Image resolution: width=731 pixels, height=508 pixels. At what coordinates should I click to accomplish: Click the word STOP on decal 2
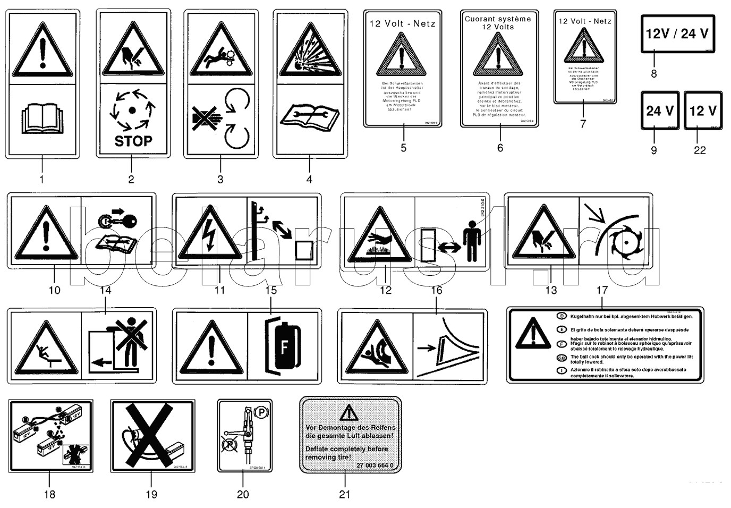[x=133, y=141]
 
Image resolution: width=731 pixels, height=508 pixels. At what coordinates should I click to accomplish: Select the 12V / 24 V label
[x=677, y=34]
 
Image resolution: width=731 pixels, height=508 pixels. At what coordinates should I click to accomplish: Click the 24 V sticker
[x=660, y=111]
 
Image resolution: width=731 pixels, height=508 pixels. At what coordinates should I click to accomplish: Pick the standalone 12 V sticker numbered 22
[x=703, y=111]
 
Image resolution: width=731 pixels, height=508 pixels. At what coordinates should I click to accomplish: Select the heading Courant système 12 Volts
[x=498, y=22]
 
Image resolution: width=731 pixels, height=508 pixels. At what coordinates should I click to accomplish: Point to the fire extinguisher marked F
[x=283, y=346]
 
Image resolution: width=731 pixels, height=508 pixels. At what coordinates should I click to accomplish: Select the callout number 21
[x=345, y=494]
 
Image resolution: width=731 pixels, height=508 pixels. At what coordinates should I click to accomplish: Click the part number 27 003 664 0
[x=375, y=466]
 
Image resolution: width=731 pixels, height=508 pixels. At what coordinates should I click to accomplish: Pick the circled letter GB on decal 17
[x=562, y=357]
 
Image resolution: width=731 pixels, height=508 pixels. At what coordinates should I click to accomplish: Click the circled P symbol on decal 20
[x=260, y=411]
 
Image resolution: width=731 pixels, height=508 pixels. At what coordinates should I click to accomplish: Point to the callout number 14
[x=105, y=290]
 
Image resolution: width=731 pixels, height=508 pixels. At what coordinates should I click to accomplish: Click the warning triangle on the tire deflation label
[x=348, y=412]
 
